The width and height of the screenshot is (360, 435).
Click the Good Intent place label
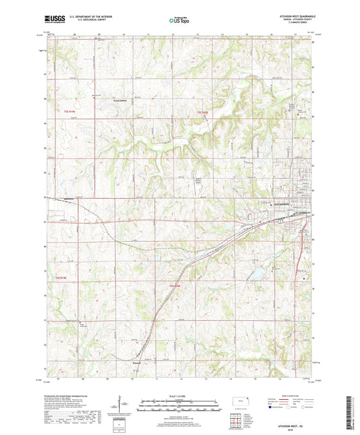120,104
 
